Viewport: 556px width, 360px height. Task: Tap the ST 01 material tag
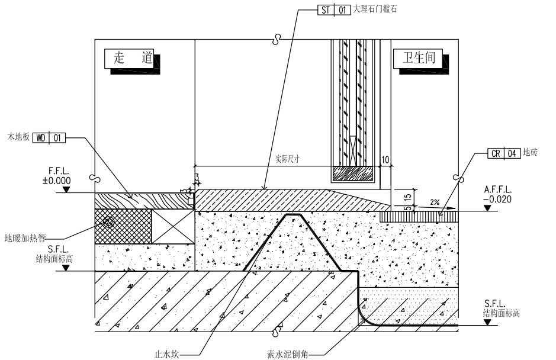[333, 10]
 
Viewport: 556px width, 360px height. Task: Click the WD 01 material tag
[49, 138]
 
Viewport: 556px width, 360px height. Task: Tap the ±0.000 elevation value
[56, 181]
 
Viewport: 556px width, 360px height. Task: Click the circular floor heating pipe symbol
[108, 223]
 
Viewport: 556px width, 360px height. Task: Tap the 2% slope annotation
[435, 202]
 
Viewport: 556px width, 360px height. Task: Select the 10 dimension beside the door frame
[385, 160]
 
